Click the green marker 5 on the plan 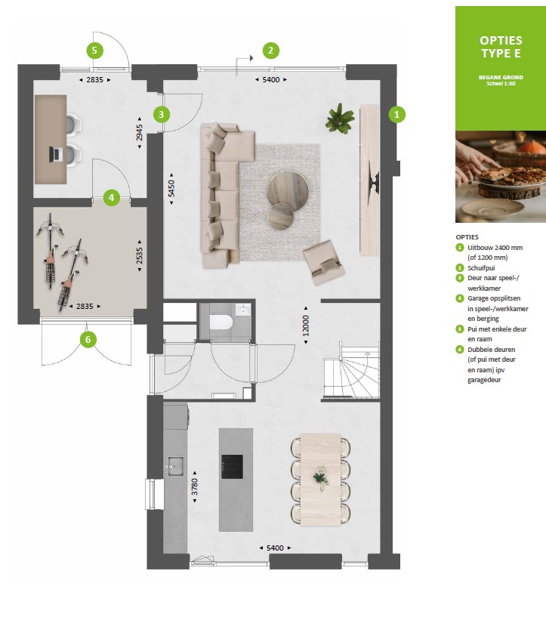[94, 51]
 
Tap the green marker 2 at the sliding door [270, 51]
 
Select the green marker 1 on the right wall [396, 114]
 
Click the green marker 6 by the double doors [88, 339]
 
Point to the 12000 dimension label [306, 325]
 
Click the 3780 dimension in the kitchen [195, 486]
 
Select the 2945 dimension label [140, 132]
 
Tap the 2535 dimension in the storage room [140, 255]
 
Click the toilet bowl [221, 322]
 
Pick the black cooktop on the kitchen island [232, 466]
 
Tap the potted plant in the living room [339, 119]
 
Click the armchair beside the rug [323, 262]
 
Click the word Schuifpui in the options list [481, 268]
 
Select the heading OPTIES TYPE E [501, 47]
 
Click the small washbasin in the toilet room [243, 310]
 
